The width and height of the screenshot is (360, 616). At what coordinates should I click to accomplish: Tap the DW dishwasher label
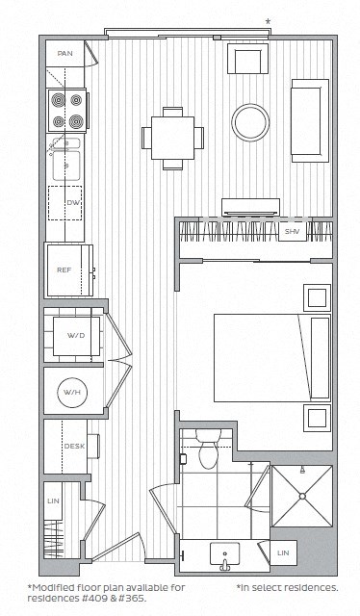coord(73,203)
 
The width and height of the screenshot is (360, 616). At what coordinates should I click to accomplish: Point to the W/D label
coord(76,336)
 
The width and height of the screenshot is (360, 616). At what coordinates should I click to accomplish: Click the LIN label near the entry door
coord(54,500)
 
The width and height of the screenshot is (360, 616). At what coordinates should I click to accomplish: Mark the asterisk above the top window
coord(269,20)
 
